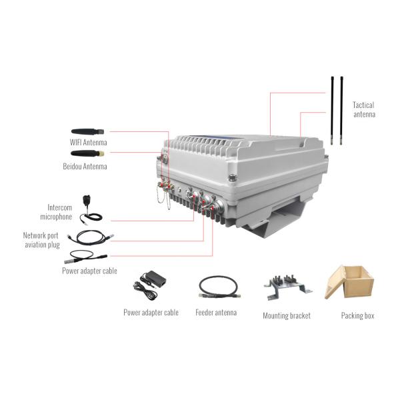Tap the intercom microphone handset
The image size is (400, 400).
point(87,204)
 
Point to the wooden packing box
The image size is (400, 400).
point(351,282)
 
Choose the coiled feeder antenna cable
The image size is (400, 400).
point(216,287)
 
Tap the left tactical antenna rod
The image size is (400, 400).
point(331,110)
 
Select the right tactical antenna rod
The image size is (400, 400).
point(341,110)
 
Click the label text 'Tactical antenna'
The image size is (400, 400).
point(364,109)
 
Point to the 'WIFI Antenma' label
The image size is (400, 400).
point(88,143)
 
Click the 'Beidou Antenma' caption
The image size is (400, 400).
point(88,166)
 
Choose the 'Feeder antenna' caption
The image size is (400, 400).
point(216,312)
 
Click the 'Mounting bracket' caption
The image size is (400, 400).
point(287,315)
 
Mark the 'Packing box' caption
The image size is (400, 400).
point(357,315)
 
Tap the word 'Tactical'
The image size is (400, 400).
point(363,105)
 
